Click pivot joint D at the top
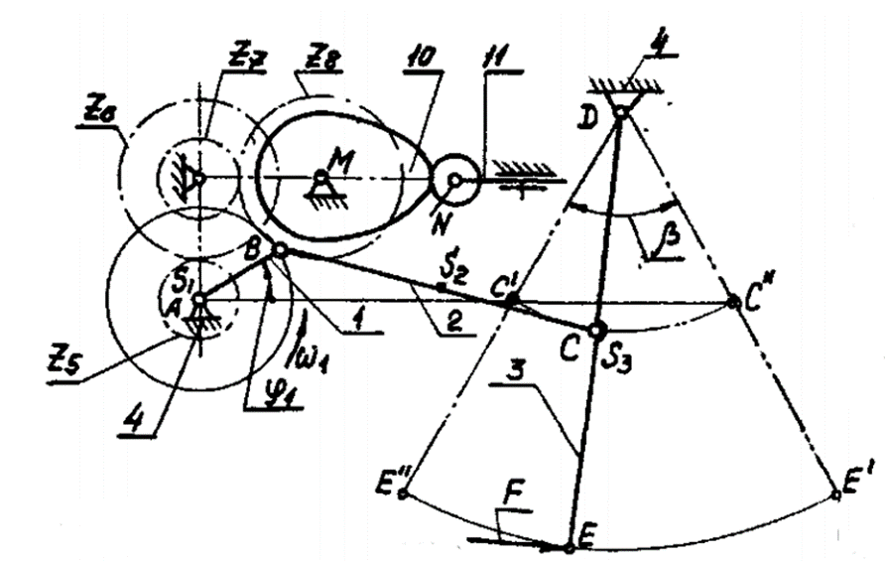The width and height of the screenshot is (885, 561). tap(620, 112)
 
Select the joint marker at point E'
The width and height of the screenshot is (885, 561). tap(836, 493)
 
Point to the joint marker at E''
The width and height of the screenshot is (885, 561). tap(402, 492)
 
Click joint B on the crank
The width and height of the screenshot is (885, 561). tap(280, 251)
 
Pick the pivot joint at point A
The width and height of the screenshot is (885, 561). tap(198, 300)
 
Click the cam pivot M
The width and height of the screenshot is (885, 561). tap(320, 177)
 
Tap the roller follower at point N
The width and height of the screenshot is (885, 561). tap(453, 180)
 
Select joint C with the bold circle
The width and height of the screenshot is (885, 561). tap(596, 330)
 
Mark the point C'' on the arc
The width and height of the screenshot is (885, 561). tap(734, 301)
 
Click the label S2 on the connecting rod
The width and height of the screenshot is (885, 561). tap(453, 269)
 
